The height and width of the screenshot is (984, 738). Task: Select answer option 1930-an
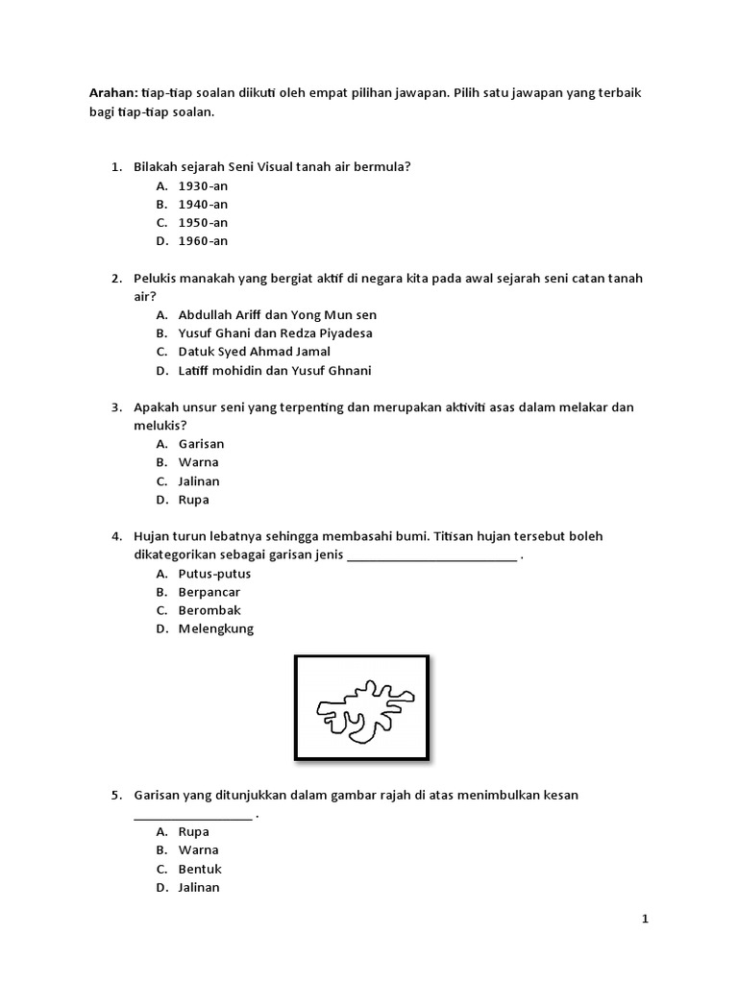click(203, 185)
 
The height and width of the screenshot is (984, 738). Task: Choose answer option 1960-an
click(203, 241)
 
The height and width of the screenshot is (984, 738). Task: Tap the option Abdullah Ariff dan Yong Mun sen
click(277, 315)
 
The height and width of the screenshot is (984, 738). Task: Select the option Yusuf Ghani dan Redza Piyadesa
click(275, 333)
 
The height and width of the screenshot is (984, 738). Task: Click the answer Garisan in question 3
click(201, 444)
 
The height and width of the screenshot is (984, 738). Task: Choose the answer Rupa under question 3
click(193, 500)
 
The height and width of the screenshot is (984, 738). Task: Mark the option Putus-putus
click(214, 574)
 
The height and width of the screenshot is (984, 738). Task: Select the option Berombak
click(209, 610)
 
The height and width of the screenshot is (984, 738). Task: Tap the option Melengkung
click(216, 628)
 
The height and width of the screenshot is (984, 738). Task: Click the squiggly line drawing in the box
click(362, 712)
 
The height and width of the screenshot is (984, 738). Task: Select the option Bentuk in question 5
click(200, 869)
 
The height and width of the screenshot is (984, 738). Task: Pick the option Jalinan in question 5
click(199, 888)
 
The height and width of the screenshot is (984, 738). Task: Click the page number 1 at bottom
click(646, 920)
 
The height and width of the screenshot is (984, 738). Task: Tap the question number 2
click(115, 279)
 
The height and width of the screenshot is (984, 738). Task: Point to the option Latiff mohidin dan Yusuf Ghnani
click(275, 371)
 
